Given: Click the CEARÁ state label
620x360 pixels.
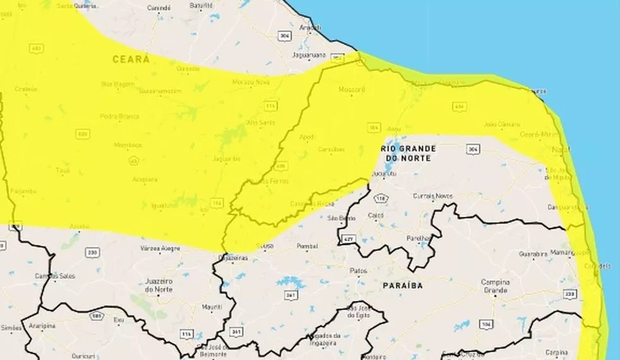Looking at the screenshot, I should click(x=131, y=59).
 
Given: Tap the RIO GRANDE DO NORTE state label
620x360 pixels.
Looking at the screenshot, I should click(x=408, y=152).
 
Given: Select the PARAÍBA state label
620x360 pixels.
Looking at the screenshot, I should click(x=402, y=285).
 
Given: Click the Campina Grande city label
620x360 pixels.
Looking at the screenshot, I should click(x=496, y=286).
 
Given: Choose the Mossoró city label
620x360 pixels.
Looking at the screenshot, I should click(x=352, y=90).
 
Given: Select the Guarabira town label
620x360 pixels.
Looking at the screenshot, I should click(x=515, y=254).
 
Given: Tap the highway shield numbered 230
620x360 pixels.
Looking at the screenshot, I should click(x=93, y=253).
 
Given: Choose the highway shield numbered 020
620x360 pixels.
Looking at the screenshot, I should click(x=82, y=134).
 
